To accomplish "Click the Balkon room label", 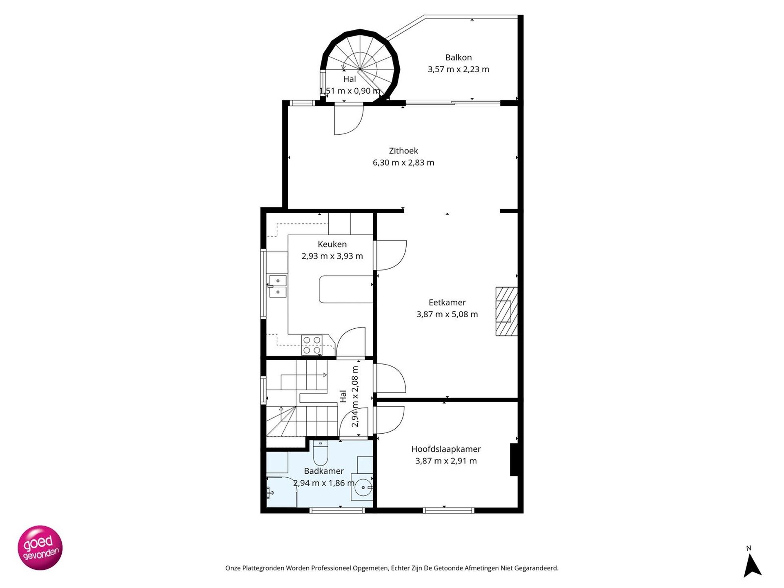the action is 458,58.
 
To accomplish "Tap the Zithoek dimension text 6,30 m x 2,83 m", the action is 403,163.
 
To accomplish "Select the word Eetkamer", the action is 447,303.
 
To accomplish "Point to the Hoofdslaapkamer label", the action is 446,449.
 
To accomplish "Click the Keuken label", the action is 332,244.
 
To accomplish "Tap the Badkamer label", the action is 324,471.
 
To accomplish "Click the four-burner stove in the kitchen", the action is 312,345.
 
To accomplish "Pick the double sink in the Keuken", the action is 278,286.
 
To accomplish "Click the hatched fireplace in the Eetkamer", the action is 506,312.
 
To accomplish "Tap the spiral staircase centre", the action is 360,69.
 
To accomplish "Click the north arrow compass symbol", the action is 752,566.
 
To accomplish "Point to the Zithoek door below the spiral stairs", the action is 348,120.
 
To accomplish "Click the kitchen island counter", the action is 346,290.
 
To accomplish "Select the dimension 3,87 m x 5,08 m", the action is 447,314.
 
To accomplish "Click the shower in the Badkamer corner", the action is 281,492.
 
